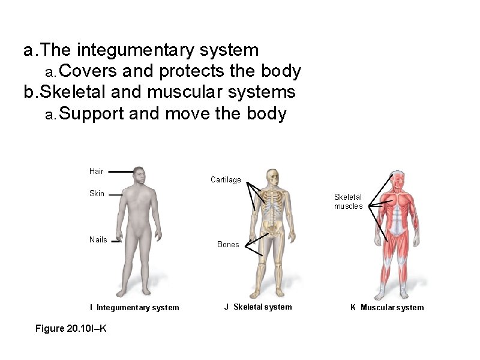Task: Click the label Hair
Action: coord(96,172)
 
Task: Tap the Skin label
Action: coord(97,194)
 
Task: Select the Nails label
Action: coord(98,240)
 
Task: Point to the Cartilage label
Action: coord(226,180)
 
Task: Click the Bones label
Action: coord(228,245)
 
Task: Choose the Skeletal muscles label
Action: coord(348,202)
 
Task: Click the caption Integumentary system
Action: coord(137,308)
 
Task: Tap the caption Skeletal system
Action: coord(262,307)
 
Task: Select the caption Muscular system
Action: coord(392,308)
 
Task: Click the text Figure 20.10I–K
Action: coord(71,329)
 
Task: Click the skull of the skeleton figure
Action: coord(274,177)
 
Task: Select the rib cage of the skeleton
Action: coord(274,204)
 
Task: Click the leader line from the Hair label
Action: coord(121,172)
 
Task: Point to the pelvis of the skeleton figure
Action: coord(274,227)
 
